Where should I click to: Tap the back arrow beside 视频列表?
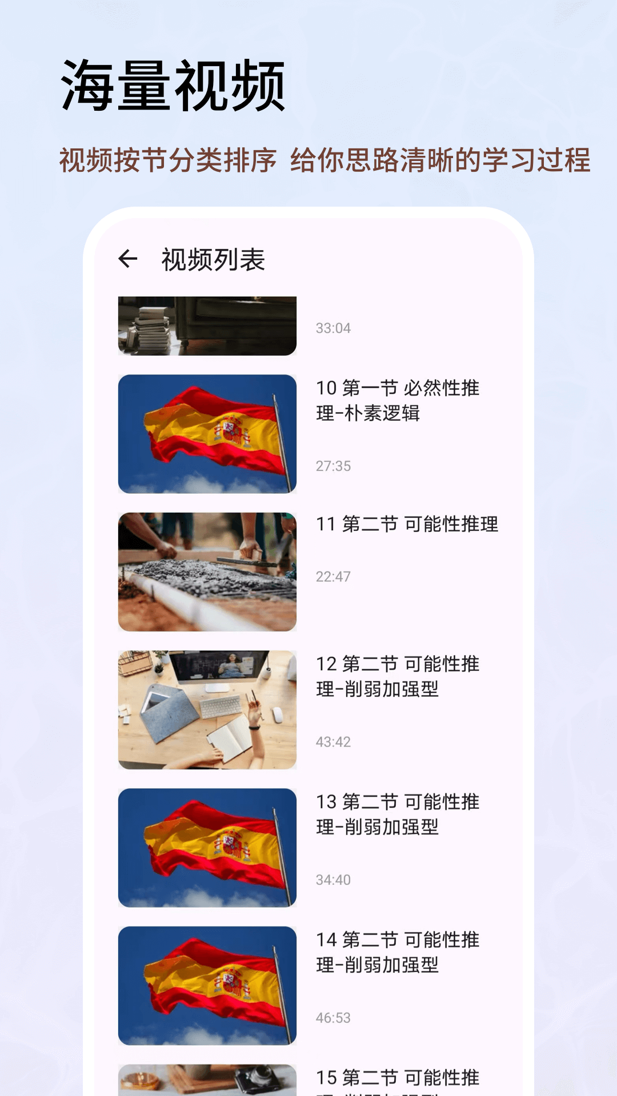click(x=128, y=259)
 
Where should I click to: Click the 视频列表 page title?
click(x=213, y=260)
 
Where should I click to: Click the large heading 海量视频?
click(x=173, y=86)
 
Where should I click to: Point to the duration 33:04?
click(x=333, y=328)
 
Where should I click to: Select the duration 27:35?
click(x=333, y=466)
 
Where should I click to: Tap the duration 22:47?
click(x=333, y=577)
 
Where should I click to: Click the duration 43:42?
click(x=333, y=742)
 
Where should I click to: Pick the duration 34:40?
click(x=333, y=880)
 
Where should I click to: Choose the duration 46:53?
click(x=333, y=1018)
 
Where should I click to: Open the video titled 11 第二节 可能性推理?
click(x=407, y=524)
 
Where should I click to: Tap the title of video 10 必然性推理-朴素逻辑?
click(x=398, y=400)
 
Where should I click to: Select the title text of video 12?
click(x=398, y=676)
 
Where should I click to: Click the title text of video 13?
click(x=398, y=814)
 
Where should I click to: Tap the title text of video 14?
click(x=398, y=952)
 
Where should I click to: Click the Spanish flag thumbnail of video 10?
click(x=207, y=434)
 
